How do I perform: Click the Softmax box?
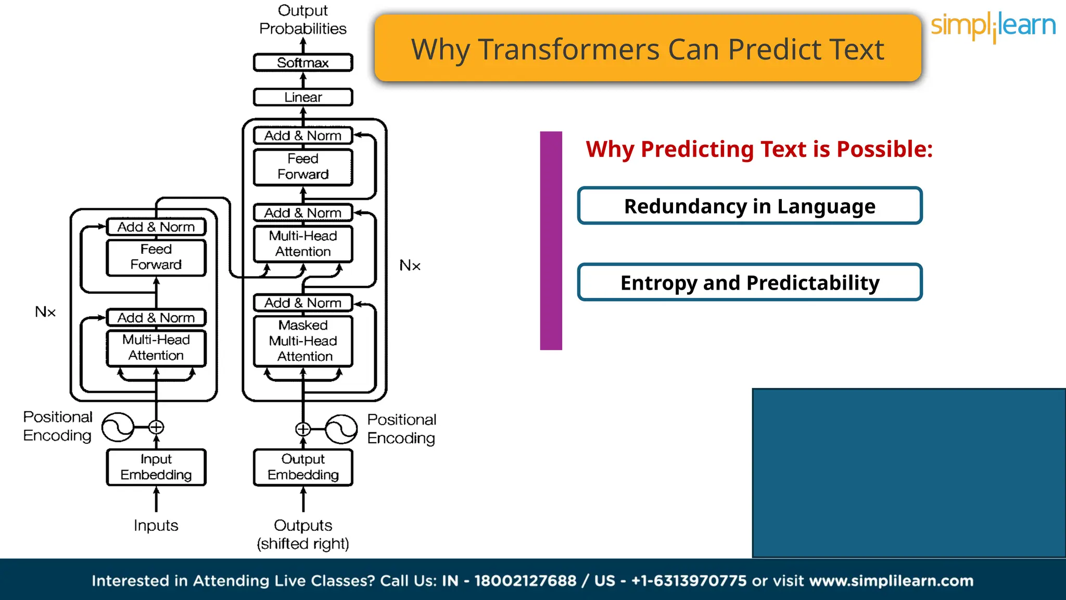[303, 63]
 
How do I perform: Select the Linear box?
[303, 97]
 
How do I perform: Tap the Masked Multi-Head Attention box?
[303, 341]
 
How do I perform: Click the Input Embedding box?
[156, 467]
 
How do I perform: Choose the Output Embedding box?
[303, 467]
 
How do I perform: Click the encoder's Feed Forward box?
[156, 257]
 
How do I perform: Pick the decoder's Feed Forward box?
[303, 167]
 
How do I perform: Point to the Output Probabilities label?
[303, 20]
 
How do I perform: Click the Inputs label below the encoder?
[156, 526]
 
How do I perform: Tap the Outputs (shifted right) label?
[303, 534]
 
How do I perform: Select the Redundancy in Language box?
[750, 206]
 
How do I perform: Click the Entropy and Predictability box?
[750, 283]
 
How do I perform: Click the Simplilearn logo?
[993, 26]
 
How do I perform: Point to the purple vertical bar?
[551, 241]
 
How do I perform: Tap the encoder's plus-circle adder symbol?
[156, 428]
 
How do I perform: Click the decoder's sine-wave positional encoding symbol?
[341, 429]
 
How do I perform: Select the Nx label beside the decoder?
[410, 266]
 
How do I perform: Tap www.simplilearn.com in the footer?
[891, 581]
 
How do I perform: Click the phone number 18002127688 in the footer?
[525, 581]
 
